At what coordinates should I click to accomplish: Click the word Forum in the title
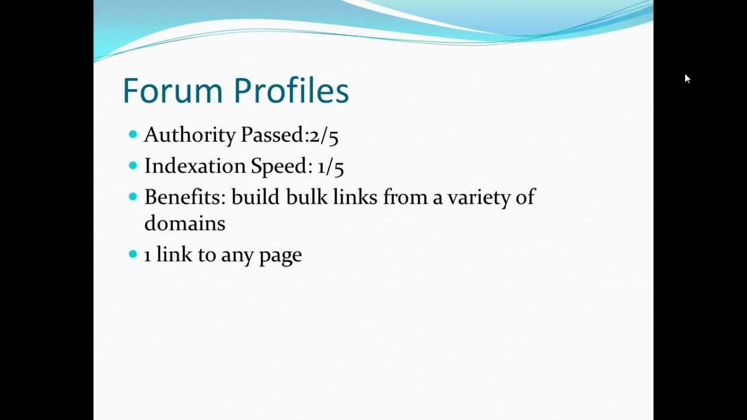coord(173,91)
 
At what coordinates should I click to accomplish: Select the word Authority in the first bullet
coord(190,135)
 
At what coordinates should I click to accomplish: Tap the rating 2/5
coord(324,135)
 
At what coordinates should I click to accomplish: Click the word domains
coord(184,223)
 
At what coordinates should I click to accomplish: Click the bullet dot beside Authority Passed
coord(132,135)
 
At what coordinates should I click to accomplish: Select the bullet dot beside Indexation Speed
coord(132,166)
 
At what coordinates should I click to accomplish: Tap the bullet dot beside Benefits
coord(132,197)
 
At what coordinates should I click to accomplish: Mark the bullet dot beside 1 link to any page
coord(132,254)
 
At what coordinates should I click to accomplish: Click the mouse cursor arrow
coord(687,78)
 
